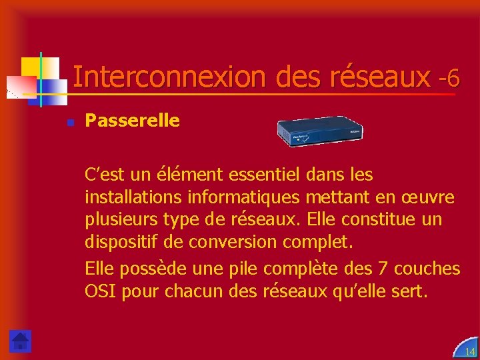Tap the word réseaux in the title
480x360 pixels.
379,78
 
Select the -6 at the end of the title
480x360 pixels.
449,79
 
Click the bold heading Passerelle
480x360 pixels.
132,121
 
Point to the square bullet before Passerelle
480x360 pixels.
69,122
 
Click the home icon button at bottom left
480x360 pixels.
21,341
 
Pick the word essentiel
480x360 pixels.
265,175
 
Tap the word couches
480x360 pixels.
427,269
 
